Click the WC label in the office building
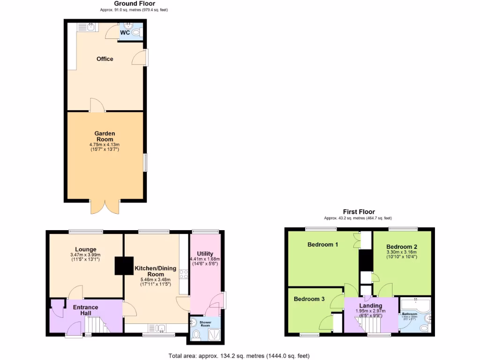125,33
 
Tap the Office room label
105,59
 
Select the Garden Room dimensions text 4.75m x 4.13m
105,145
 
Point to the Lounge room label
85,249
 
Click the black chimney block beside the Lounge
123,266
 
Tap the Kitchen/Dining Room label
155,271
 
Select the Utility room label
205,254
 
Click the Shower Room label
205,323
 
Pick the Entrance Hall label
85,310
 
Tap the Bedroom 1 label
322,245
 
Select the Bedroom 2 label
402,247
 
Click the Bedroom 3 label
309,299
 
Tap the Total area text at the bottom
239,356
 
